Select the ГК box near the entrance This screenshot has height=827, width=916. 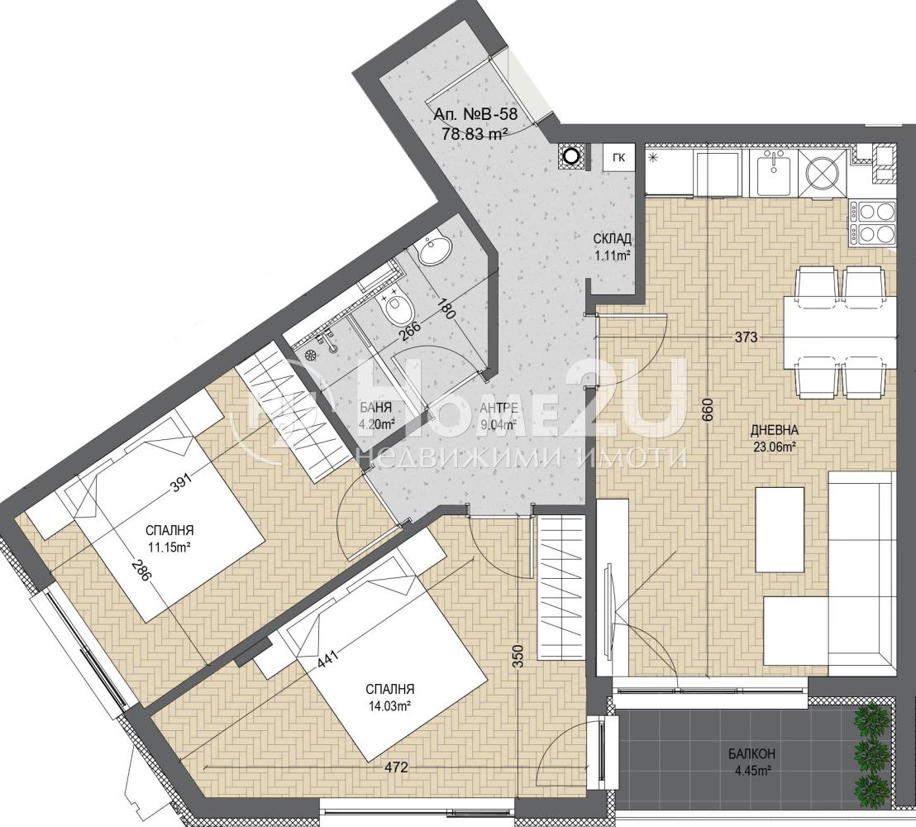point(619,157)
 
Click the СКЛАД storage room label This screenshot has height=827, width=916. point(612,238)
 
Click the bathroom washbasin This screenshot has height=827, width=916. point(435,250)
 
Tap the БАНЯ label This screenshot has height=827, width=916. point(375,409)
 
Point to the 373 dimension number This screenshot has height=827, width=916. point(746,337)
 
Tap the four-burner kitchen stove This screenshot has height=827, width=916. point(873,222)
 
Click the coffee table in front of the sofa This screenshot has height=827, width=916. point(780,529)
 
